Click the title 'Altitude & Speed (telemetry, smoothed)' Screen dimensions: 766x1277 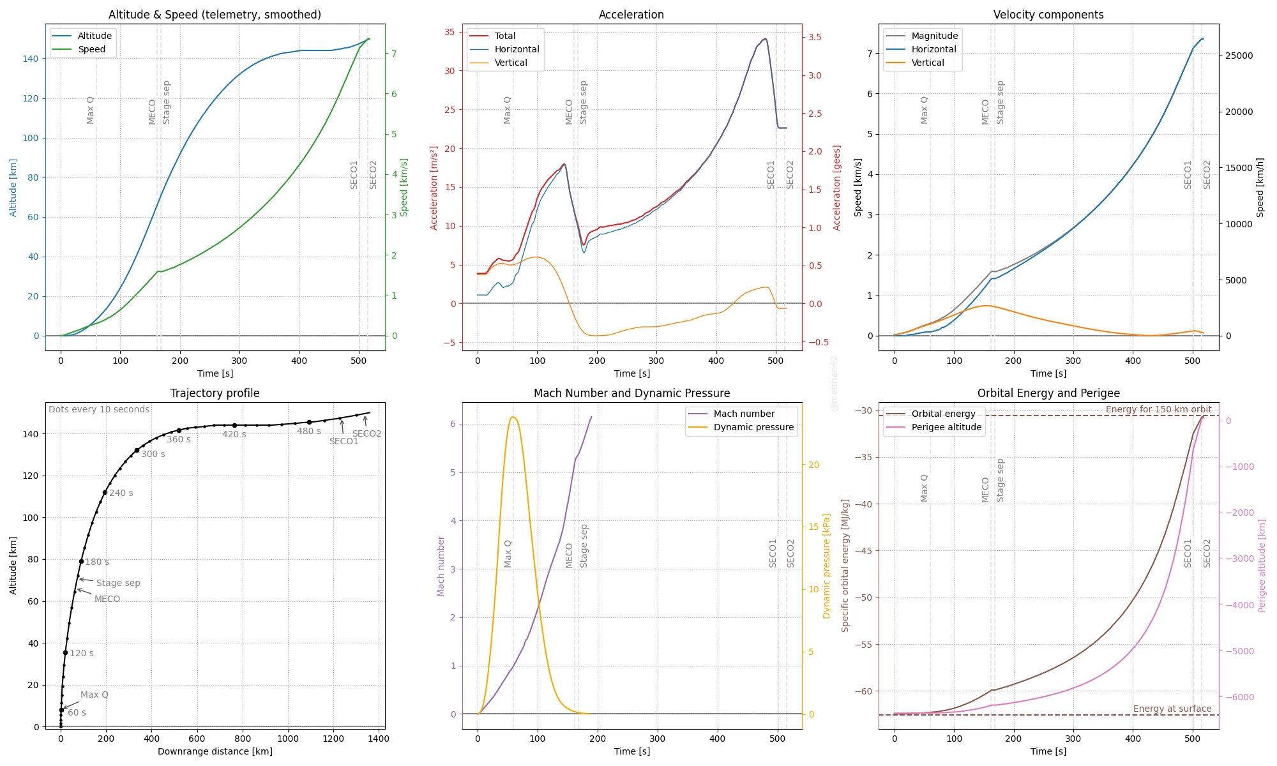[x=215, y=15]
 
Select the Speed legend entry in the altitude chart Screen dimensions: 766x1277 [x=91, y=49]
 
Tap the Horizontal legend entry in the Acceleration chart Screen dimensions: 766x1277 [x=517, y=49]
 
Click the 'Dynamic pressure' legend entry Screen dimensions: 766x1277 [x=753, y=427]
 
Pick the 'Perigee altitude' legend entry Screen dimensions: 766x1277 [x=946, y=427]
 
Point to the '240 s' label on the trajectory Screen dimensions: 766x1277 [x=121, y=493]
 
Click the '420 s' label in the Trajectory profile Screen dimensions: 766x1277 [x=234, y=434]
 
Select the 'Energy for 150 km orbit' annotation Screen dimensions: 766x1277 [x=1158, y=409]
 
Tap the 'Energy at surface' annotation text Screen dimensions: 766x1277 [x=1172, y=709]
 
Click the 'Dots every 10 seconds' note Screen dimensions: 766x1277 [x=99, y=409]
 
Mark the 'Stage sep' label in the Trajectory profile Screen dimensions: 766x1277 [x=118, y=583]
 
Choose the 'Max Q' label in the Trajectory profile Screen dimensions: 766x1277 [x=94, y=695]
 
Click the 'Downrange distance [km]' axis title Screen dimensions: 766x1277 [x=215, y=751]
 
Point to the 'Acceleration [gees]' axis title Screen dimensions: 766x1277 [x=837, y=188]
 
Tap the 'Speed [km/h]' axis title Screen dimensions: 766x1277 [x=1260, y=188]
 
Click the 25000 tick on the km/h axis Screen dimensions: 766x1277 [x=1239, y=56]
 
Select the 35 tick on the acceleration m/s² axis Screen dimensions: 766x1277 [x=450, y=32]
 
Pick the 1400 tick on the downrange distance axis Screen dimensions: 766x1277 [x=1017, y=739]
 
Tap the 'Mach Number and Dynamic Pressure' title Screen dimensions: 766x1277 [x=631, y=393]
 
